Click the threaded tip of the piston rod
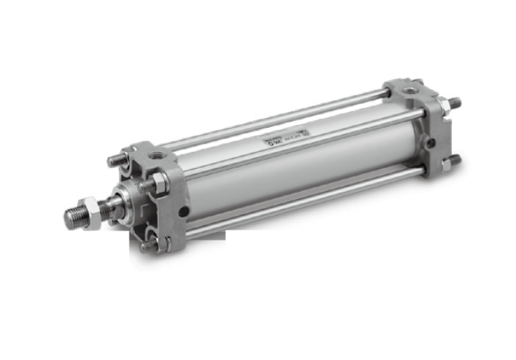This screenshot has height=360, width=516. click(x=73, y=217)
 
